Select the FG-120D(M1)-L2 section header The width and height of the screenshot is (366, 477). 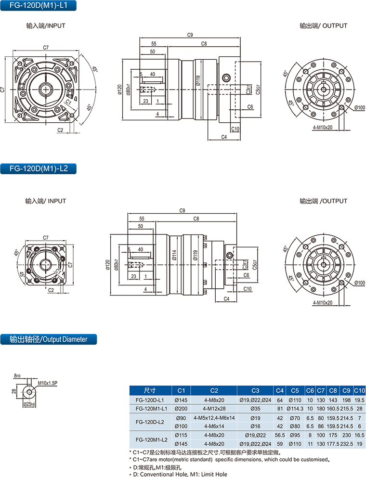[x=39, y=168]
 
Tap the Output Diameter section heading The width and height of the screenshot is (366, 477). [x=48, y=339]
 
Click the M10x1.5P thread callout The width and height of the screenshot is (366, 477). [x=48, y=383]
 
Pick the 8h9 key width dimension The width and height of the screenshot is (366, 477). [x=18, y=375]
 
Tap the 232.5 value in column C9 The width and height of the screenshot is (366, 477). [x=347, y=443]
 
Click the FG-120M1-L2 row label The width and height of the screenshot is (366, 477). [x=151, y=439]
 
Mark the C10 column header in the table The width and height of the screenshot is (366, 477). [x=359, y=390]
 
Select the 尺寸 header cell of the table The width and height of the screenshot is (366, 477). [x=151, y=390]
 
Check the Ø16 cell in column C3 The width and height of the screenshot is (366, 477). [x=255, y=426]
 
